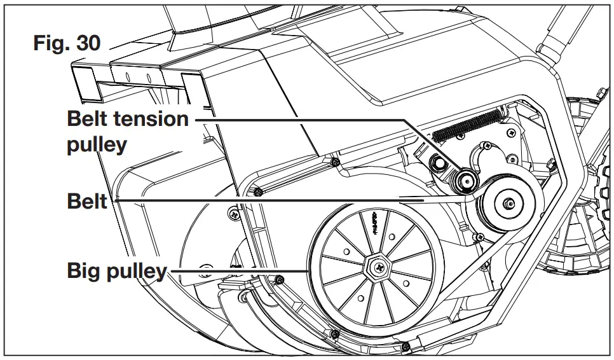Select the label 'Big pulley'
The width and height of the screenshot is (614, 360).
[116, 272]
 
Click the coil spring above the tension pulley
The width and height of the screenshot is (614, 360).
[468, 125]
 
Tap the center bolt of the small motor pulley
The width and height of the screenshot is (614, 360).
[509, 204]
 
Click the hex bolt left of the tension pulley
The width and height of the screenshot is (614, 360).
[438, 163]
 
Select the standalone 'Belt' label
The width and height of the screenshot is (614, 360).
[87, 202]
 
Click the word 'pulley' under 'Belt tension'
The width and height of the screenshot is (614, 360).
[97, 144]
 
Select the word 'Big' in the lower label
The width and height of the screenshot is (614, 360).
[84, 272]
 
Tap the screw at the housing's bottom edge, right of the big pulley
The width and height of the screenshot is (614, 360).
[406, 346]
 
